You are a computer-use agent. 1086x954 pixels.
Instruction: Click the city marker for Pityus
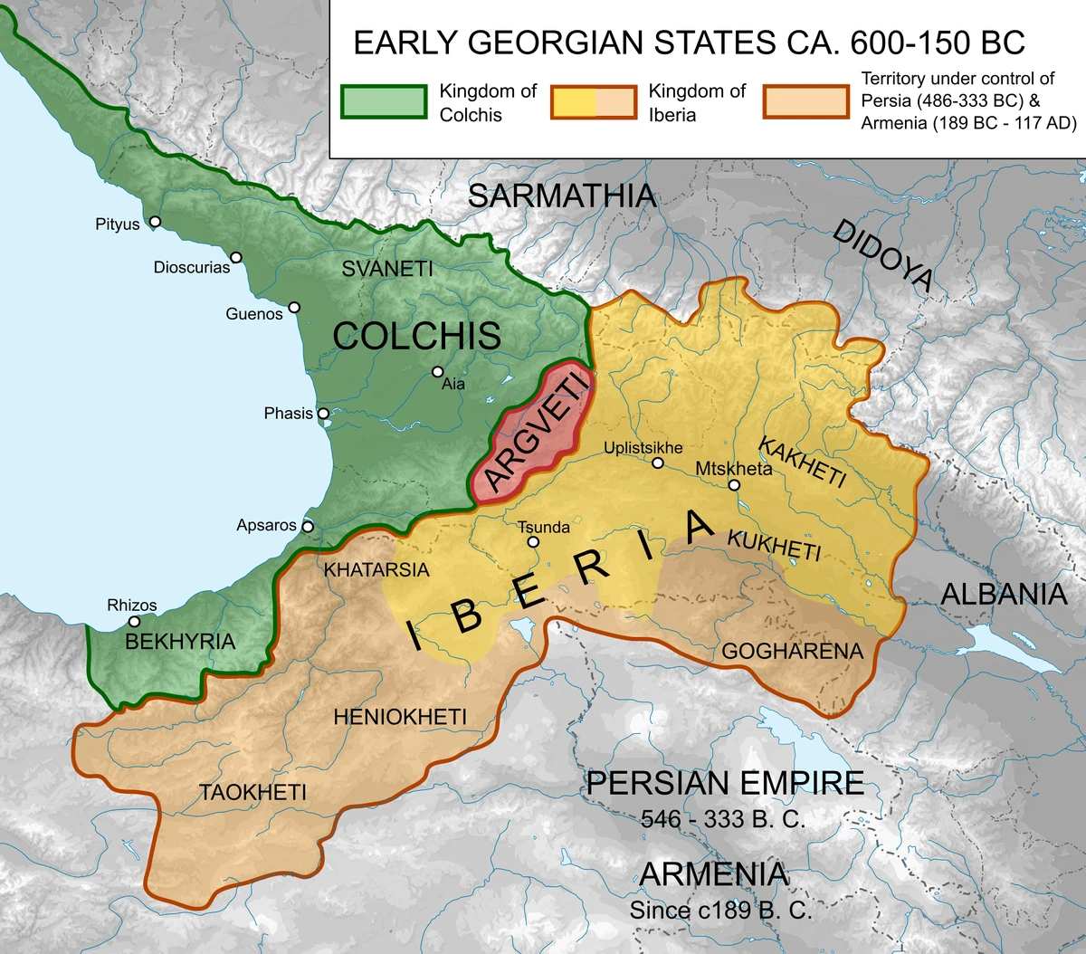[156, 222]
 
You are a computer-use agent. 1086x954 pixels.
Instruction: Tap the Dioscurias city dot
[236, 258]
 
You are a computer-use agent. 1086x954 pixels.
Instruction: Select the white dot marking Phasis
[323, 414]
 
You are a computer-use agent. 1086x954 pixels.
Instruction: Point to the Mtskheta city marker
[734, 485]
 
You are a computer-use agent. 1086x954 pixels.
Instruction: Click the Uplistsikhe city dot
[658, 463]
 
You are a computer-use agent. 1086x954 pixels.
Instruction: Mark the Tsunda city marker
[533, 542]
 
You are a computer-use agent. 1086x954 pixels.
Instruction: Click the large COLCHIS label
[416, 336]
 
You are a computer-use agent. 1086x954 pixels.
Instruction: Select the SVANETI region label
[387, 269]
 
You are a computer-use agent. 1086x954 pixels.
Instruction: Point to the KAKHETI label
[802, 462]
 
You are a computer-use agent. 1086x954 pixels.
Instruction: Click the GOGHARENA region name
[792, 652]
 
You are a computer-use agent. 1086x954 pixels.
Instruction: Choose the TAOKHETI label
[253, 793]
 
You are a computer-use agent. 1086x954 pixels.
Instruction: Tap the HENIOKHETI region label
[400, 718]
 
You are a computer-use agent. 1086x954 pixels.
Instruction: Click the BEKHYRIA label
[180, 642]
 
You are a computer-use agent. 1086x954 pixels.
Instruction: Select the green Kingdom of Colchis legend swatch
[384, 102]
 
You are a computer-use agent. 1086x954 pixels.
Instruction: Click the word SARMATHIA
[561, 196]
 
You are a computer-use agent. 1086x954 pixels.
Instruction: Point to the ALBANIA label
[1004, 595]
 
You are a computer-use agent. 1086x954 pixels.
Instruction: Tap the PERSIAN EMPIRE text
[725, 783]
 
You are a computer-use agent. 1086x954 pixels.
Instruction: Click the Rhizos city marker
[134, 622]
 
